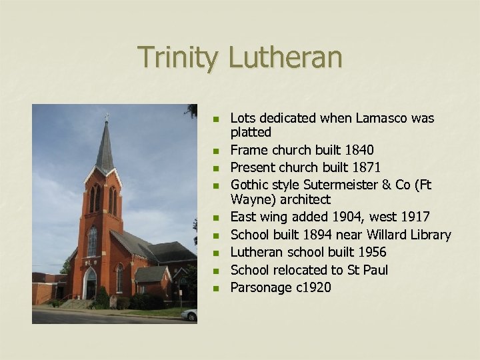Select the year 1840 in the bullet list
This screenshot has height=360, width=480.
[356, 150]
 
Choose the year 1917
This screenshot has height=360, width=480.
[414, 217]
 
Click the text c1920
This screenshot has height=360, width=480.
[311, 287]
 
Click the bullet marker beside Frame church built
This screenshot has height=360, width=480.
[215, 150]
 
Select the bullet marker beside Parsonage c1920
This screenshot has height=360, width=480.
[215, 287]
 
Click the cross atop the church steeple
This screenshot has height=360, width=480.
[107, 117]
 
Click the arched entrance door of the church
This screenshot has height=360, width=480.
[90, 285]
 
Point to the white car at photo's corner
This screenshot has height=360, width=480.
[190, 313]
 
